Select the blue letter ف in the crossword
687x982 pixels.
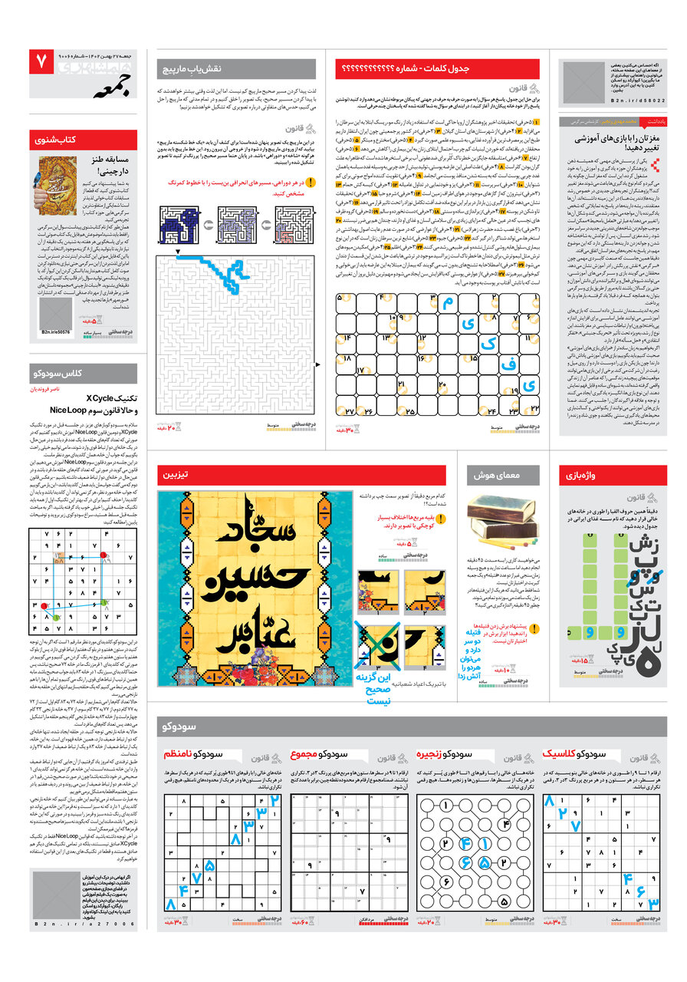pos(508,365)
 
